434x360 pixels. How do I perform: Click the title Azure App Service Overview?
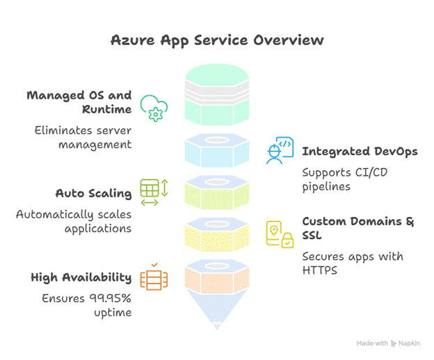coord(216,40)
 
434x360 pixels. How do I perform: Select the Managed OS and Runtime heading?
coord(79,102)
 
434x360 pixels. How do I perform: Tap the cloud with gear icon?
coord(154,108)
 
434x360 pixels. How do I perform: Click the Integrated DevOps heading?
coord(360,151)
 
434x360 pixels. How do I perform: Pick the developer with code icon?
coord(280,151)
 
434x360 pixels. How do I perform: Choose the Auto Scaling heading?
coord(94,193)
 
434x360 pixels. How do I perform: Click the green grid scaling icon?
coord(154,192)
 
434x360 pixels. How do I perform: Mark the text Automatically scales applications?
coord(74,222)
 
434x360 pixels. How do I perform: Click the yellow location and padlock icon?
coord(280,234)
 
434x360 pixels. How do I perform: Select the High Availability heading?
coord(81,277)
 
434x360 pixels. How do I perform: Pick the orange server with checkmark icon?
coord(153,277)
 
